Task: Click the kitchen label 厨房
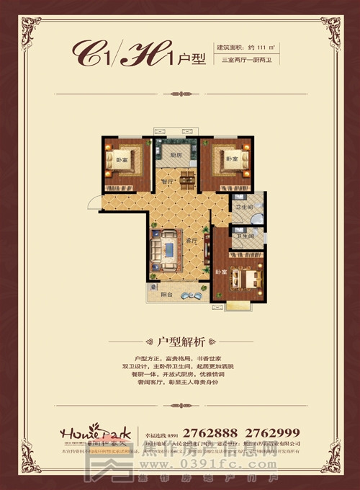point(175,154)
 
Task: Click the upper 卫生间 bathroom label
point(243,208)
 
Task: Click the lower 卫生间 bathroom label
point(246,236)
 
